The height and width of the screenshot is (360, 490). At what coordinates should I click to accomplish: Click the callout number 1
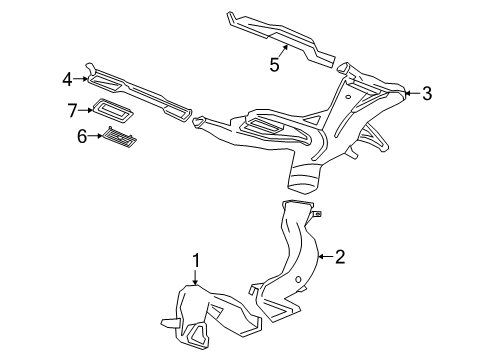click(x=197, y=262)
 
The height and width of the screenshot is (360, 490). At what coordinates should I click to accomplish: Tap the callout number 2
click(x=340, y=258)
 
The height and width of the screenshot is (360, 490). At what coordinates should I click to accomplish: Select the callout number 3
click(x=426, y=94)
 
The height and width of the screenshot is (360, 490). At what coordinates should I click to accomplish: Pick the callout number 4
click(x=67, y=78)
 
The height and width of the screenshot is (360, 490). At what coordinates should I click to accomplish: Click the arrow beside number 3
click(x=410, y=94)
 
